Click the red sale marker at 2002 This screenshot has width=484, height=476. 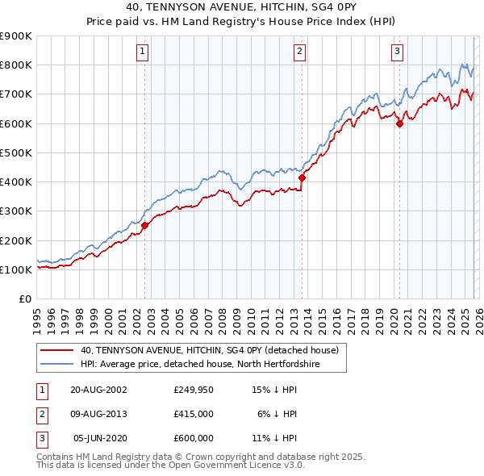click(x=145, y=226)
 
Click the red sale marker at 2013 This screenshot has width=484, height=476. click(x=302, y=177)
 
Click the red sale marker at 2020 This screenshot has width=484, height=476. click(x=399, y=123)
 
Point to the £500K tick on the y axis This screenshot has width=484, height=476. click(x=16, y=152)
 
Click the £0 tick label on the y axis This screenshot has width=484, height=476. click(x=26, y=299)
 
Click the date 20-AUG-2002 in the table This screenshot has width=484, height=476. click(x=98, y=389)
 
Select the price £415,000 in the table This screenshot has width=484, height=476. click(x=194, y=413)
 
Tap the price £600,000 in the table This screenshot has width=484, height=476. click(x=194, y=438)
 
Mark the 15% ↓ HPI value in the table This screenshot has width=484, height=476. click(x=275, y=389)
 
